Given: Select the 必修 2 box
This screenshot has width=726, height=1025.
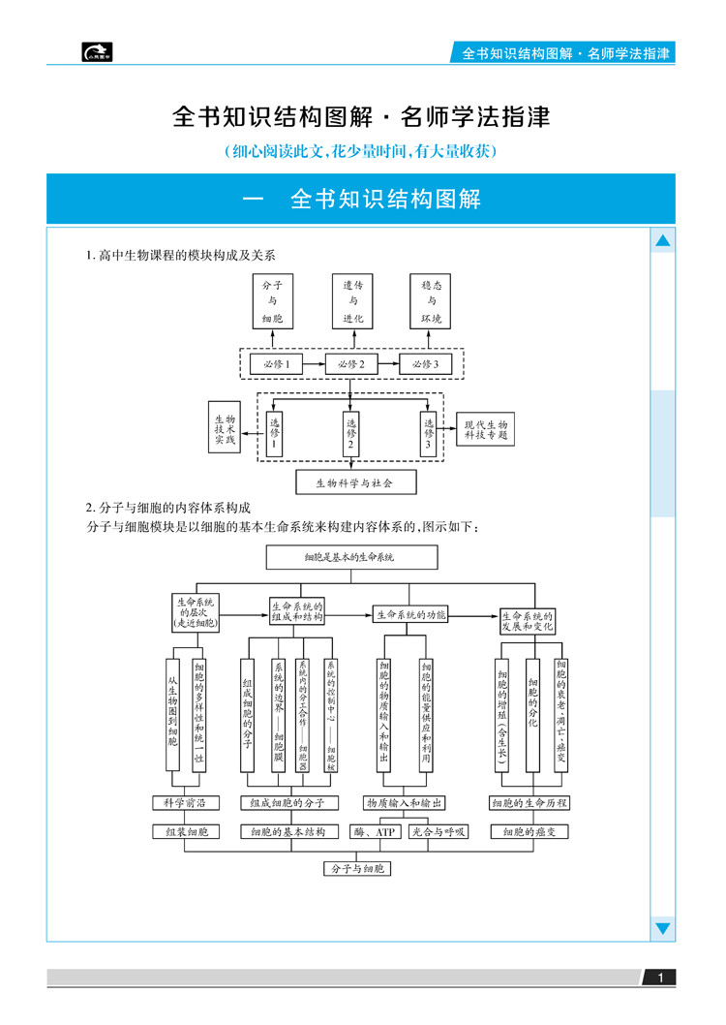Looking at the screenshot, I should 351,364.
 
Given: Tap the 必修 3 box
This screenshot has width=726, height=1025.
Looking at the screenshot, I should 426,364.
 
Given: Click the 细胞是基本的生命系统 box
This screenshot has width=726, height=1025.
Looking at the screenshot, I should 350,557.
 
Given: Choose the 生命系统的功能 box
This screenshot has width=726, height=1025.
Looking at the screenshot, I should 411,614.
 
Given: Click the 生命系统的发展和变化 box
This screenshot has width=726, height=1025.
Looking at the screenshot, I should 528,620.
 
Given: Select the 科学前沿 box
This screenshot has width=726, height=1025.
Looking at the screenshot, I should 186,802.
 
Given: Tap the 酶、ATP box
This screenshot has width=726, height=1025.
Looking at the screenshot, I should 376,831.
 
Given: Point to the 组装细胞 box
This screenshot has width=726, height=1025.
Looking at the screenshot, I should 186,831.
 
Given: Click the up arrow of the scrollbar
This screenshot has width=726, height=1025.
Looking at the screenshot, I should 663,240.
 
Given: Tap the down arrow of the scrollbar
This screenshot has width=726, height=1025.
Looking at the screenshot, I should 663,928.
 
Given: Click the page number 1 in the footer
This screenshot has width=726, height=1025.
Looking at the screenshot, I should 660,978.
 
